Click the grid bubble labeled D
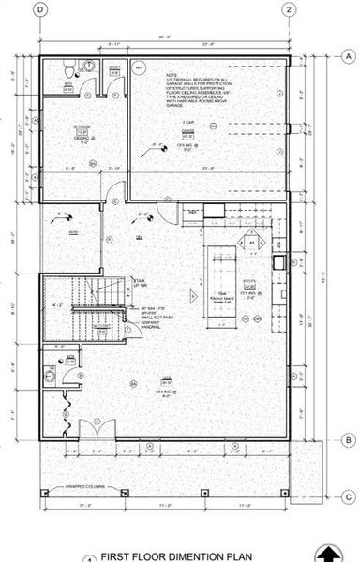pos(39,9)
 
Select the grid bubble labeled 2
pos(291,9)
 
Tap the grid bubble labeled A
pos(347,57)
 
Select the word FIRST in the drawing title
pos(117,555)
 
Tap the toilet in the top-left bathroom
pos(67,72)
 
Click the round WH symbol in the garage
pos(138,69)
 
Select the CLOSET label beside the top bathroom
pos(113,68)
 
